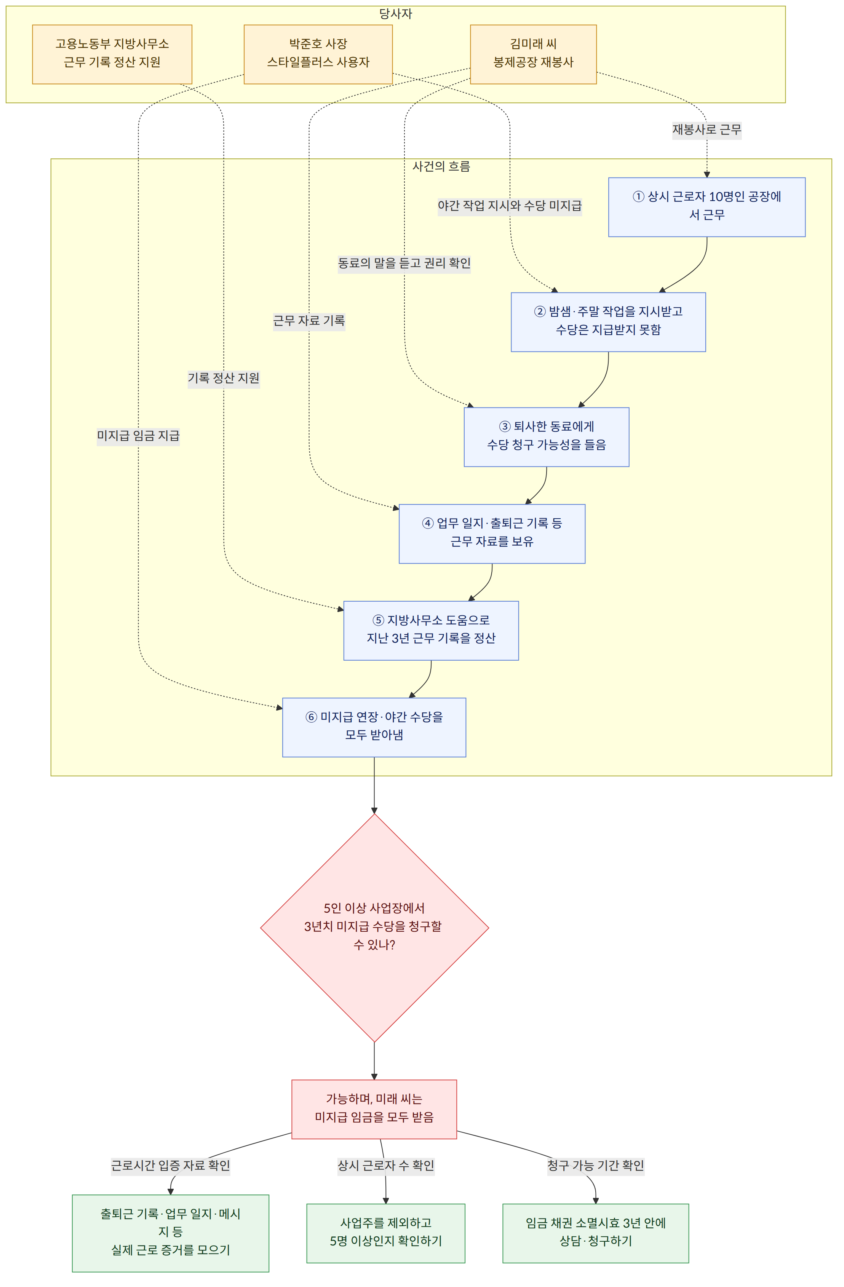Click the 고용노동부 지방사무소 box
pyautogui.click(x=112, y=54)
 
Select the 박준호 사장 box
pyautogui.click(x=318, y=54)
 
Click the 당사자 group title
pyautogui.click(x=395, y=14)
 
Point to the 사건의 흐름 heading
pyautogui.click(x=441, y=166)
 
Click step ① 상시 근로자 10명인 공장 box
pyautogui.click(x=707, y=207)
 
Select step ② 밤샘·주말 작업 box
pyautogui.click(x=608, y=322)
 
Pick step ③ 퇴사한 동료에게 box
pyautogui.click(x=547, y=437)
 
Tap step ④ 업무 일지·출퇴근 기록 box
pyautogui.click(x=492, y=534)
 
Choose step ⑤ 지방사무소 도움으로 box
pyautogui.click(x=431, y=631)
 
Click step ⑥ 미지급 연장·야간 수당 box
pyautogui.click(x=374, y=727)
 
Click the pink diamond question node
pyautogui.click(x=374, y=928)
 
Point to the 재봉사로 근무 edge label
pyautogui.click(x=707, y=130)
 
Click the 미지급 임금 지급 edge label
pyautogui.click(x=138, y=436)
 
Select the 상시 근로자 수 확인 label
pyautogui.click(x=386, y=1165)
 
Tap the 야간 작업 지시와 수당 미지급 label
pyautogui.click(x=510, y=206)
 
